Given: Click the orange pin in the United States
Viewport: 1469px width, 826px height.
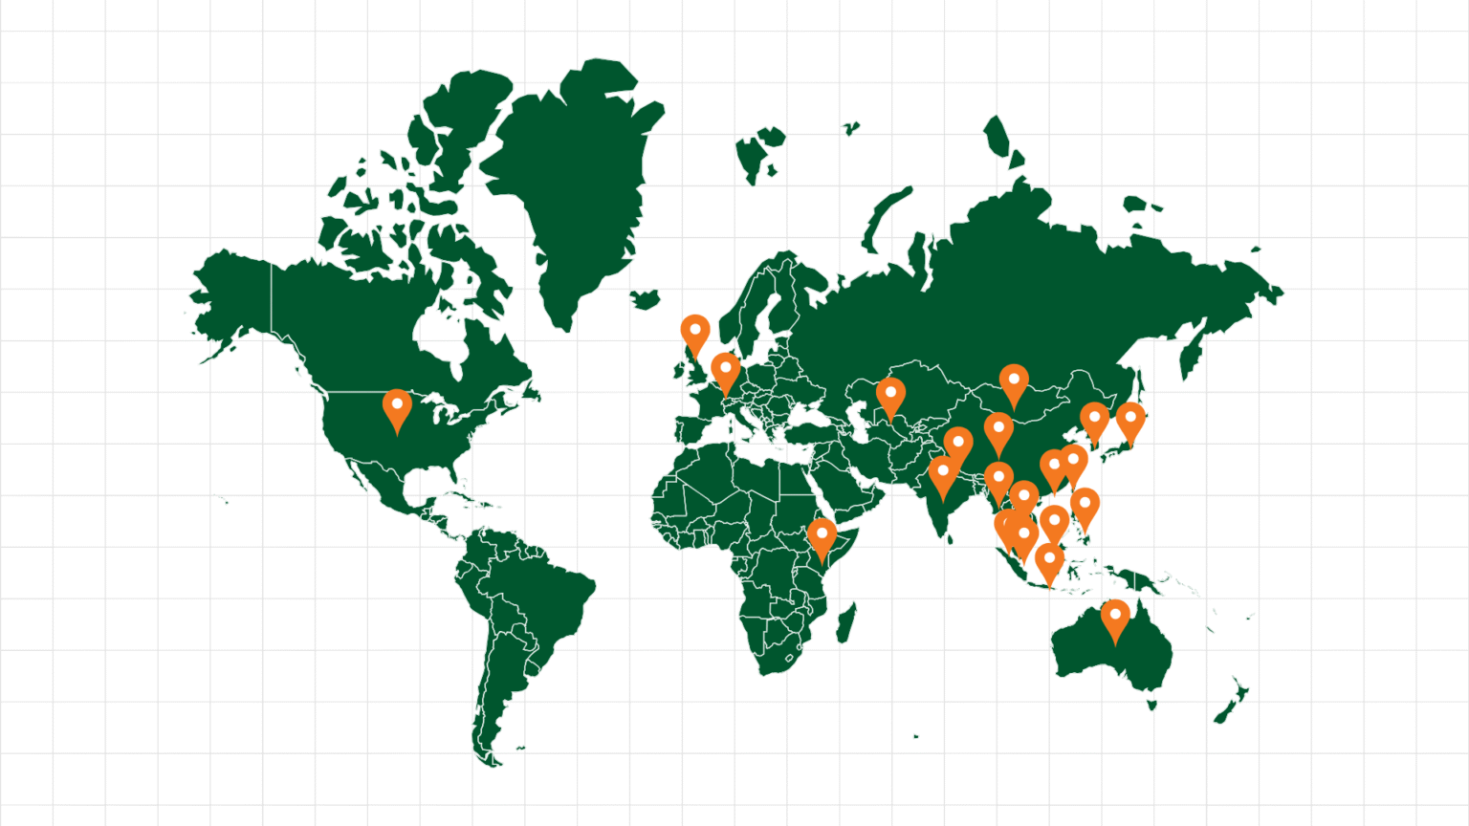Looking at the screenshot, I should tap(397, 407).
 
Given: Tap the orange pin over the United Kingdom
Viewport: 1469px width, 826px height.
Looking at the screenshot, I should tap(695, 332).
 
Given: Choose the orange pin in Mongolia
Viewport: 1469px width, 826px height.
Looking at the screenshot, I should tap(1014, 382).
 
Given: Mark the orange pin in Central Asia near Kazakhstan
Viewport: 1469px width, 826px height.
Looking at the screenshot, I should tap(890, 395).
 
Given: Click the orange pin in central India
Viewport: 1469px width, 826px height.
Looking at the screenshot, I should tap(943, 474).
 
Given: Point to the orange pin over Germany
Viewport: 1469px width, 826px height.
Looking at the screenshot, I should tap(726, 370).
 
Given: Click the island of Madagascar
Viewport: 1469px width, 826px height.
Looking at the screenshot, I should tap(845, 622).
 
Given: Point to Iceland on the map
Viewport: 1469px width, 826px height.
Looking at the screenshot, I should tap(647, 299).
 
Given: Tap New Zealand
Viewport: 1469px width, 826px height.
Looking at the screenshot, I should tap(1232, 704).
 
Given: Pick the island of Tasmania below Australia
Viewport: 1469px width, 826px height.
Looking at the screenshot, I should tap(1151, 706).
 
